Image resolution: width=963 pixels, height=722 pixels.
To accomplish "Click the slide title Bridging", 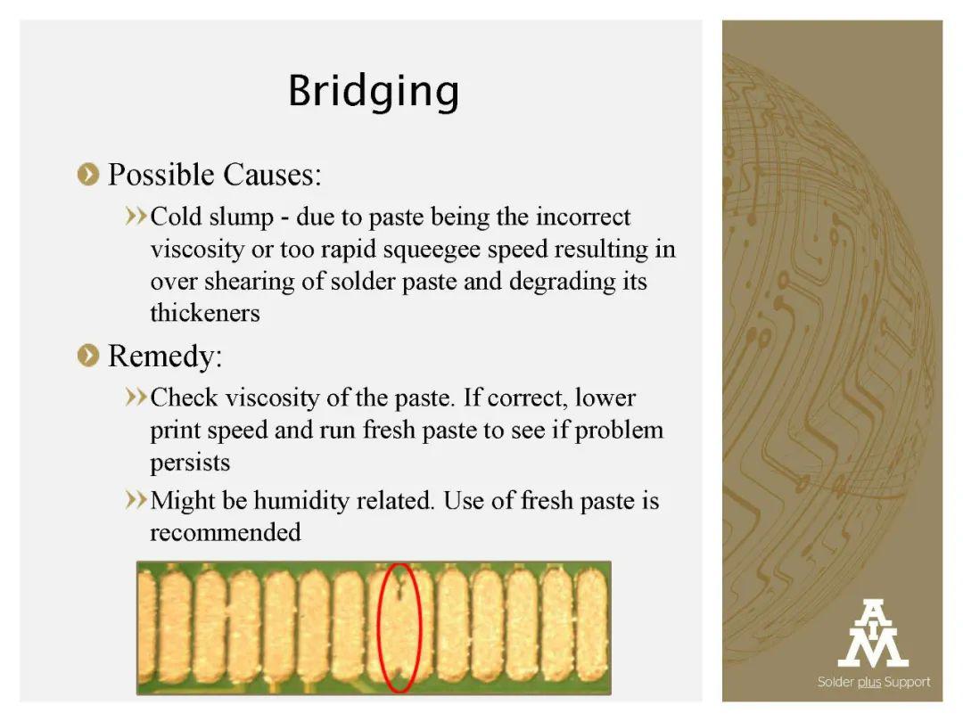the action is [374, 92].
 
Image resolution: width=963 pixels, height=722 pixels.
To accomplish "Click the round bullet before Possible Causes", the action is [88, 175].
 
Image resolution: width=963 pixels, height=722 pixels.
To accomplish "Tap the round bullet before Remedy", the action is [88, 356].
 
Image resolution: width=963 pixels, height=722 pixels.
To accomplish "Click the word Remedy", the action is [165, 356].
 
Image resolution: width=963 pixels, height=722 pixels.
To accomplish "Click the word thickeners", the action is [205, 313].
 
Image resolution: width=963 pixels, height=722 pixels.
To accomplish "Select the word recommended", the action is [226, 532].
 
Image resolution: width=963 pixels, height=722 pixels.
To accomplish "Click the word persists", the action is [190, 463].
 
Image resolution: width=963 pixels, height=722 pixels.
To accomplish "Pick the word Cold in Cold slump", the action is [177, 217].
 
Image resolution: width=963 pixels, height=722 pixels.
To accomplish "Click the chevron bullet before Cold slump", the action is [136, 216].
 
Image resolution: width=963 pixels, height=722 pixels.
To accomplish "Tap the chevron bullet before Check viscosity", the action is [136, 398].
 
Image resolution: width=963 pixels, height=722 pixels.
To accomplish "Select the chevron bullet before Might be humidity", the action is [136, 500].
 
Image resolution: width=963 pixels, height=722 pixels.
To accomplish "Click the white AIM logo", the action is [873, 633].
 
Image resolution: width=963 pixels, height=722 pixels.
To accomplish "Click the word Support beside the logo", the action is [907, 683].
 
